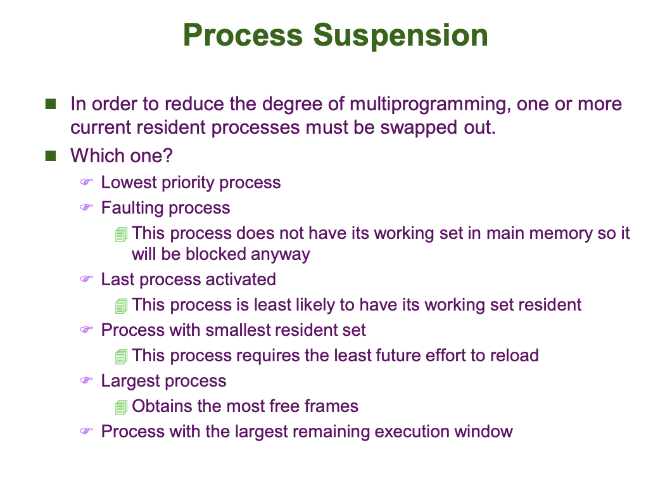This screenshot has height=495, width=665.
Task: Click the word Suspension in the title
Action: [x=401, y=35]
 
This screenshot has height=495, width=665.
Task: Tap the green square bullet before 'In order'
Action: [x=51, y=103]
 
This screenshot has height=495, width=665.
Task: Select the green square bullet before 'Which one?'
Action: [x=51, y=155]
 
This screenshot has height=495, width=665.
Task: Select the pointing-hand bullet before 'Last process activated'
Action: [x=86, y=280]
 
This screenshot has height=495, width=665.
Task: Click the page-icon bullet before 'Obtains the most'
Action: [x=121, y=407]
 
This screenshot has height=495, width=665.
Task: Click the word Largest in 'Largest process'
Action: [x=129, y=381]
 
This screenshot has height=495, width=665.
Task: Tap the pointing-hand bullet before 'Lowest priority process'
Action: [x=86, y=183]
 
